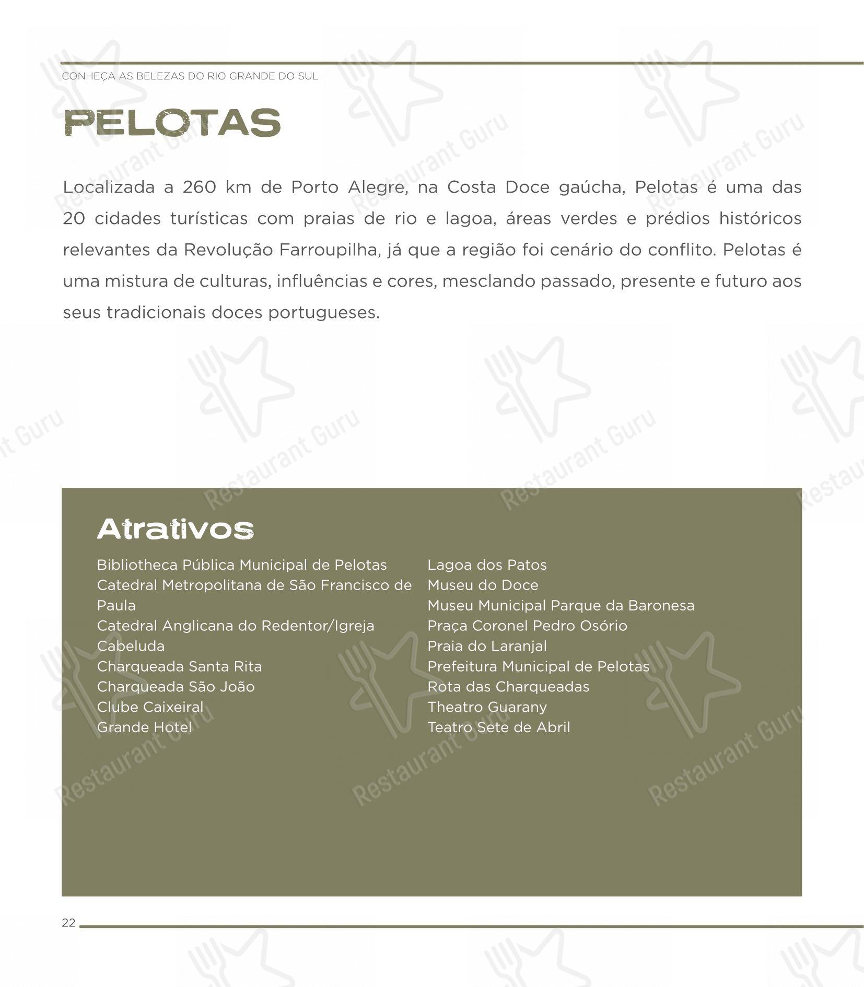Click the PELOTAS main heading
(x=172, y=123)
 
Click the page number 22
(x=68, y=923)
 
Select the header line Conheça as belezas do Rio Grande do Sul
(x=190, y=76)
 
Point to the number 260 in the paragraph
(x=199, y=187)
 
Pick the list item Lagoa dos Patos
(x=487, y=565)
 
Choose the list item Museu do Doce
(x=483, y=585)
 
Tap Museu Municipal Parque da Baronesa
(x=561, y=606)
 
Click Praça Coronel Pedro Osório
(x=527, y=626)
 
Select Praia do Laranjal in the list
(x=487, y=646)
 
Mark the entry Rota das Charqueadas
(x=508, y=687)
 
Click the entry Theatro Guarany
(x=487, y=707)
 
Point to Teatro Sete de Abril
(x=499, y=727)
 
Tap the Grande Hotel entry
(x=144, y=727)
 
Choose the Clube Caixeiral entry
(x=150, y=707)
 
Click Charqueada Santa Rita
(x=179, y=666)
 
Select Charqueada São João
(x=176, y=687)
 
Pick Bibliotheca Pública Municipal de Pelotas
(x=242, y=565)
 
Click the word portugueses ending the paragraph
(x=323, y=313)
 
